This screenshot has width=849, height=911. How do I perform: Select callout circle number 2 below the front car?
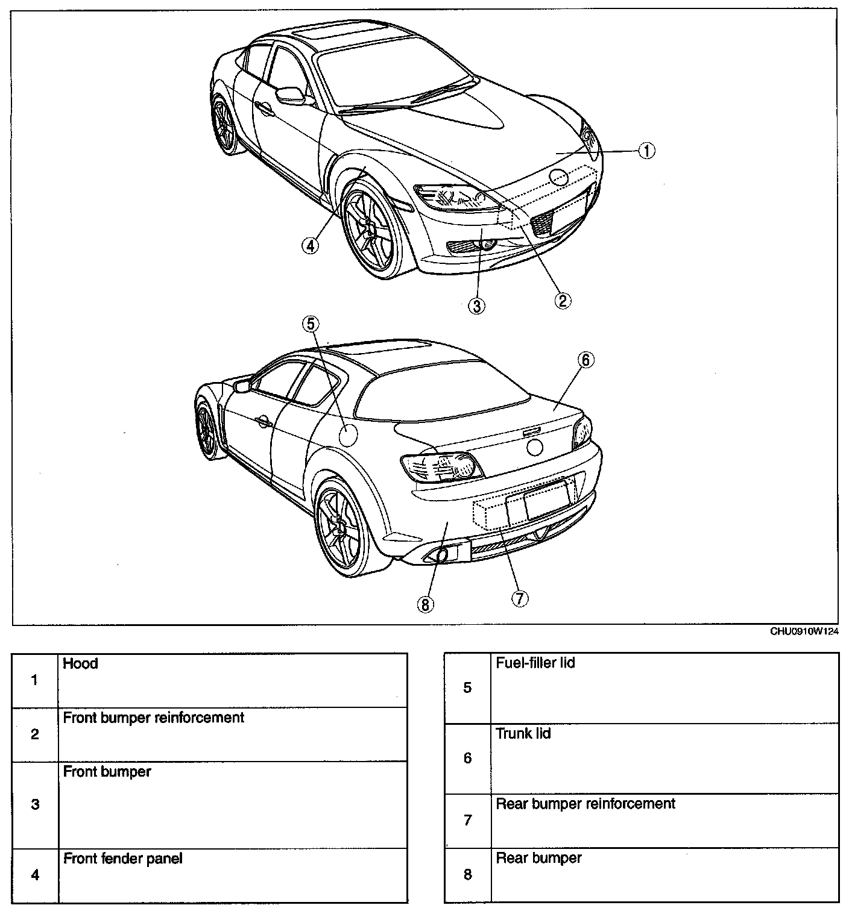coord(563,299)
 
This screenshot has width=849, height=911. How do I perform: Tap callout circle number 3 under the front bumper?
coord(476,305)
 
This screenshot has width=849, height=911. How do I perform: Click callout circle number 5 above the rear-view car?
coord(311,324)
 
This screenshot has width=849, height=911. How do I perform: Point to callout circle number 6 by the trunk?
coord(585,360)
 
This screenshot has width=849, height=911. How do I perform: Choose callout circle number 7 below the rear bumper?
coord(519,598)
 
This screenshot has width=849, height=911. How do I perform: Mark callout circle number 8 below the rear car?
coord(426,604)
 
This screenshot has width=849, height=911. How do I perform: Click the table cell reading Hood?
coord(80,663)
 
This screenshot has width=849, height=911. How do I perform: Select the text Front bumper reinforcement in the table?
coord(154,718)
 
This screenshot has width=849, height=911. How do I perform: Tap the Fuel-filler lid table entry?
coord(535,663)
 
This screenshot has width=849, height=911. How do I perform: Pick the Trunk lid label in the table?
coord(523,733)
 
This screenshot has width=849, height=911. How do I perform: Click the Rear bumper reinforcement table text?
coord(585,803)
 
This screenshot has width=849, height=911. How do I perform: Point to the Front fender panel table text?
coord(122,858)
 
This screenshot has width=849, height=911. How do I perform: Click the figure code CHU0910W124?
coord(804,631)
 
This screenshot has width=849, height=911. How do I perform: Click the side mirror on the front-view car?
coord(291,95)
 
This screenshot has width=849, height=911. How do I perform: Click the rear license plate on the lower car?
coord(546,498)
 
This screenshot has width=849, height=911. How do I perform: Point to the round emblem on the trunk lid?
coord(534,446)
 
